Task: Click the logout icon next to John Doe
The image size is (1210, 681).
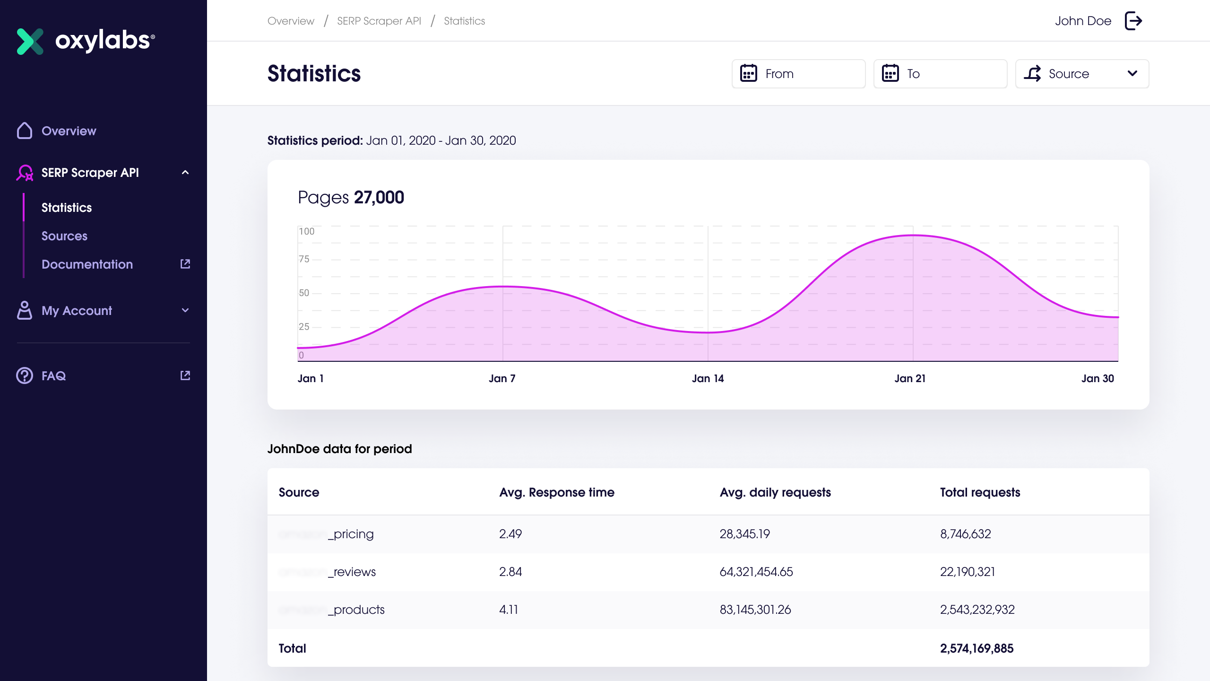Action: click(1133, 21)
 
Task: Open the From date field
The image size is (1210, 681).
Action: click(798, 74)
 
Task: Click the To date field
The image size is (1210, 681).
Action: click(940, 74)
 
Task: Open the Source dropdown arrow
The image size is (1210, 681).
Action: click(1132, 73)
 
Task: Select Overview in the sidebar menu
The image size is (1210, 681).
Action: click(69, 131)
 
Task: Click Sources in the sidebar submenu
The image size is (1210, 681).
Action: click(64, 236)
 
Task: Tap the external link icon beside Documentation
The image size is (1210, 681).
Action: click(185, 264)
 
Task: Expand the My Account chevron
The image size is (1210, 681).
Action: click(185, 310)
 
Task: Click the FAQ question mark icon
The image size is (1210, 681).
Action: click(25, 375)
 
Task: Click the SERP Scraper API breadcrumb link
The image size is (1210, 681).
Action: click(379, 21)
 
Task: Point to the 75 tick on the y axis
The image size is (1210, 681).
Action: click(304, 259)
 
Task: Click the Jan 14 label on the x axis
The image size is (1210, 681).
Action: click(708, 378)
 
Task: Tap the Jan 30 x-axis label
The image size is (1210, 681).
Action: click(1097, 378)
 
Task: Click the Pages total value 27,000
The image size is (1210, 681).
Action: click(379, 197)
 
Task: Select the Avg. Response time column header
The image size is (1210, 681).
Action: click(556, 492)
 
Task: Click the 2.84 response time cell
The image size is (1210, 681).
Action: click(510, 572)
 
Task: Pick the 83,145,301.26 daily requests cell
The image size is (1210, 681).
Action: click(755, 610)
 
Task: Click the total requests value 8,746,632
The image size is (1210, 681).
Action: click(965, 534)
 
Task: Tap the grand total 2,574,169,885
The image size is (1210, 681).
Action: click(977, 648)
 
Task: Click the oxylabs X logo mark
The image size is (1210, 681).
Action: click(30, 41)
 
